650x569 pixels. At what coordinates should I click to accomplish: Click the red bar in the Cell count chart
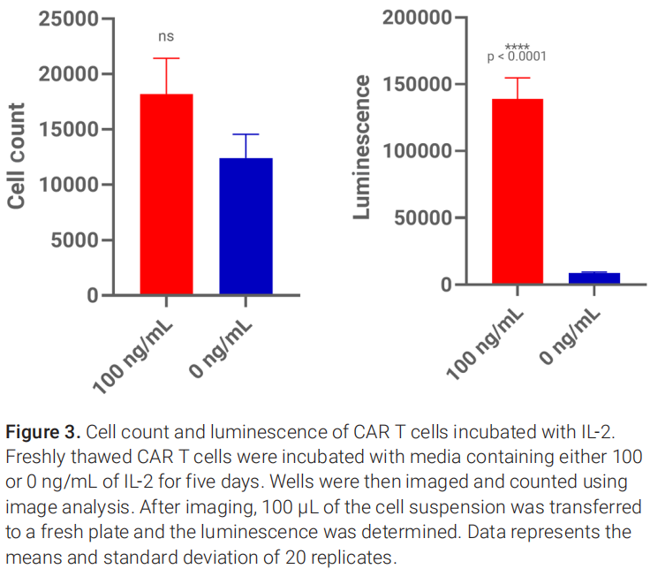click(x=166, y=194)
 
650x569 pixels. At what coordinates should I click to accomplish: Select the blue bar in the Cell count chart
click(x=246, y=226)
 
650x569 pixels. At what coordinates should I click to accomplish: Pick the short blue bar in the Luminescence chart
click(x=593, y=278)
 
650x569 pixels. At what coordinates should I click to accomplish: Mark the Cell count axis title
click(x=16, y=156)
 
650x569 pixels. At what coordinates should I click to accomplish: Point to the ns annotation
click(x=166, y=37)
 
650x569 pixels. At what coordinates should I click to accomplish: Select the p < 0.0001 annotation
click(x=517, y=57)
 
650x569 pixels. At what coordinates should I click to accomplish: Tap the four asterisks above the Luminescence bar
click(x=517, y=47)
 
